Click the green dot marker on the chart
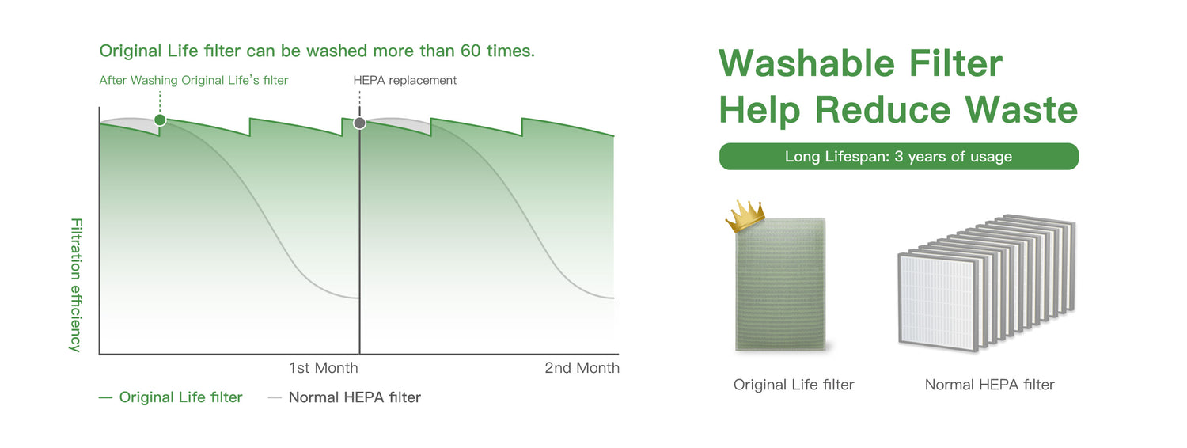[160, 120]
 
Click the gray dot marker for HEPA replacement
[359, 123]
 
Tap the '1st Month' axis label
[323, 368]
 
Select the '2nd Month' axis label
[582, 368]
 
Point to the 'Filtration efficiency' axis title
[76, 285]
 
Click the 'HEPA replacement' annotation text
[405, 80]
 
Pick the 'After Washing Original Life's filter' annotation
[193, 80]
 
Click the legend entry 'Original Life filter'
[180, 397]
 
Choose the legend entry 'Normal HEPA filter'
[355, 397]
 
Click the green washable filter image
[781, 283]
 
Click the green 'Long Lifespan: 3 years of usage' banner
[899, 157]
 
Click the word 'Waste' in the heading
[1021, 109]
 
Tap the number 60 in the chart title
[471, 51]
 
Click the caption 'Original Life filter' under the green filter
[794, 385]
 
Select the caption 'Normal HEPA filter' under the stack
[990, 385]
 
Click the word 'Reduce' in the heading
[883, 109]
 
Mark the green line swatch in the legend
[105, 397]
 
